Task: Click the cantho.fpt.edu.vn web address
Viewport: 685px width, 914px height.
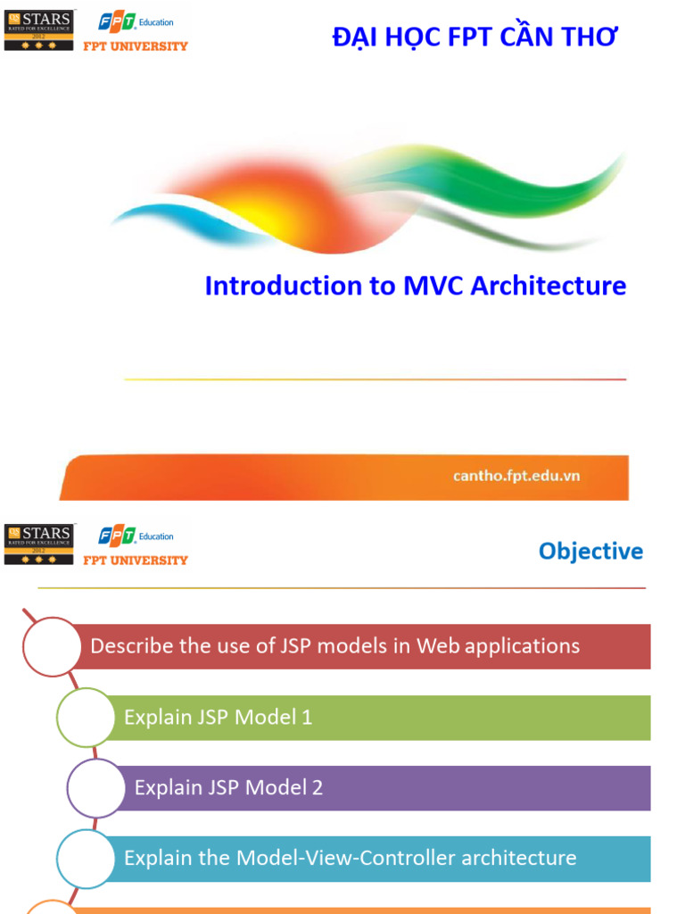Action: coord(516,476)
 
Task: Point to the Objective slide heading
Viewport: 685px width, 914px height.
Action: coord(590,551)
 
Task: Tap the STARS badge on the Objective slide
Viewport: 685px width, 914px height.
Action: coord(40,544)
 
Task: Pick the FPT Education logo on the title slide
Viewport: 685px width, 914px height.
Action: coord(136,22)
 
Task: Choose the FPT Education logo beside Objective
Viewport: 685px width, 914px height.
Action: coord(136,536)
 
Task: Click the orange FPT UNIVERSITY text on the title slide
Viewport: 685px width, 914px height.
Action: coord(136,46)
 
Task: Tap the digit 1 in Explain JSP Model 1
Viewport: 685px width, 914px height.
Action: coord(307,717)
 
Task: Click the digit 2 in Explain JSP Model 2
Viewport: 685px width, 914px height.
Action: coord(318,787)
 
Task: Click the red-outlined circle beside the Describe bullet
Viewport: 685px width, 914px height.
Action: coord(52,646)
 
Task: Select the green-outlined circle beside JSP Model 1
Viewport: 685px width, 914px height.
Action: coord(86,717)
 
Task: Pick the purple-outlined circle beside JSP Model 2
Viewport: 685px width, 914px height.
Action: coord(96,787)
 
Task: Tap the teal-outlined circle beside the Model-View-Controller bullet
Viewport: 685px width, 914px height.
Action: coord(87,858)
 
